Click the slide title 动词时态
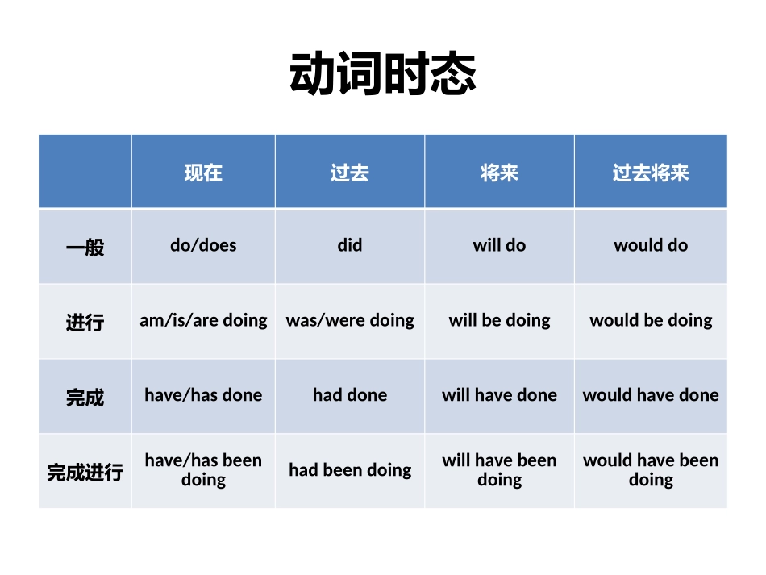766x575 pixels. [x=383, y=74]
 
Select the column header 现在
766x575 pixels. [x=203, y=173]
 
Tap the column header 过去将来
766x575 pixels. [x=651, y=173]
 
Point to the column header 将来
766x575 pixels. [x=499, y=173]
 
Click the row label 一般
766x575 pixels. [x=85, y=247]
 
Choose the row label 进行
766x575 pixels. [x=85, y=322]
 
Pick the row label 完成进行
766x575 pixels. [x=85, y=472]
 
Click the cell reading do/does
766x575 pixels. [x=203, y=245]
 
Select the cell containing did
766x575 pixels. [x=350, y=245]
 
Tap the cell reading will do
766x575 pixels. [x=499, y=245]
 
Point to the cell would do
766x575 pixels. [x=651, y=245]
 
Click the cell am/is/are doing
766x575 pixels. [x=203, y=320]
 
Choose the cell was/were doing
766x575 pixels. [x=350, y=320]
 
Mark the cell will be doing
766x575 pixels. [x=499, y=320]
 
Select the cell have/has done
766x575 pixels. [x=203, y=395]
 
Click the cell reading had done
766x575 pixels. [x=350, y=395]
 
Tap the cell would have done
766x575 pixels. [x=651, y=395]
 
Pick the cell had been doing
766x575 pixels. [x=350, y=470]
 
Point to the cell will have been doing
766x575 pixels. [x=499, y=470]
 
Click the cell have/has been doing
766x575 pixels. [x=203, y=470]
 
